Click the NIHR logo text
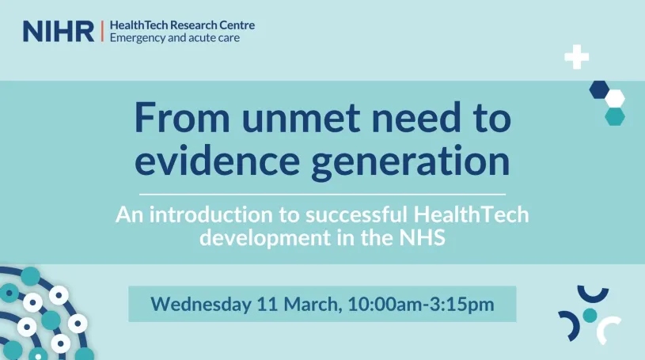pos(59,32)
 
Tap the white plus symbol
pos(576,57)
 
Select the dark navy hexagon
pos(599,89)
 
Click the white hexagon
pos(615,98)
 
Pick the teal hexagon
pos(615,116)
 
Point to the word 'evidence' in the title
pos(217,160)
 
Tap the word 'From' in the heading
pos(182,117)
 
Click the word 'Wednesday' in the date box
pos(201,305)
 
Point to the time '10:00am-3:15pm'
pos(421,304)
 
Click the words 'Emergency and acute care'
pos(175,38)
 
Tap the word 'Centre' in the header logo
pos(237,25)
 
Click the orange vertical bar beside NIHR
pos(102,32)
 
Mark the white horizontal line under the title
pos(322,194)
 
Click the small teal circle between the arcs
pos(590,315)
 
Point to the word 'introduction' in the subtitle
pos(211,214)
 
